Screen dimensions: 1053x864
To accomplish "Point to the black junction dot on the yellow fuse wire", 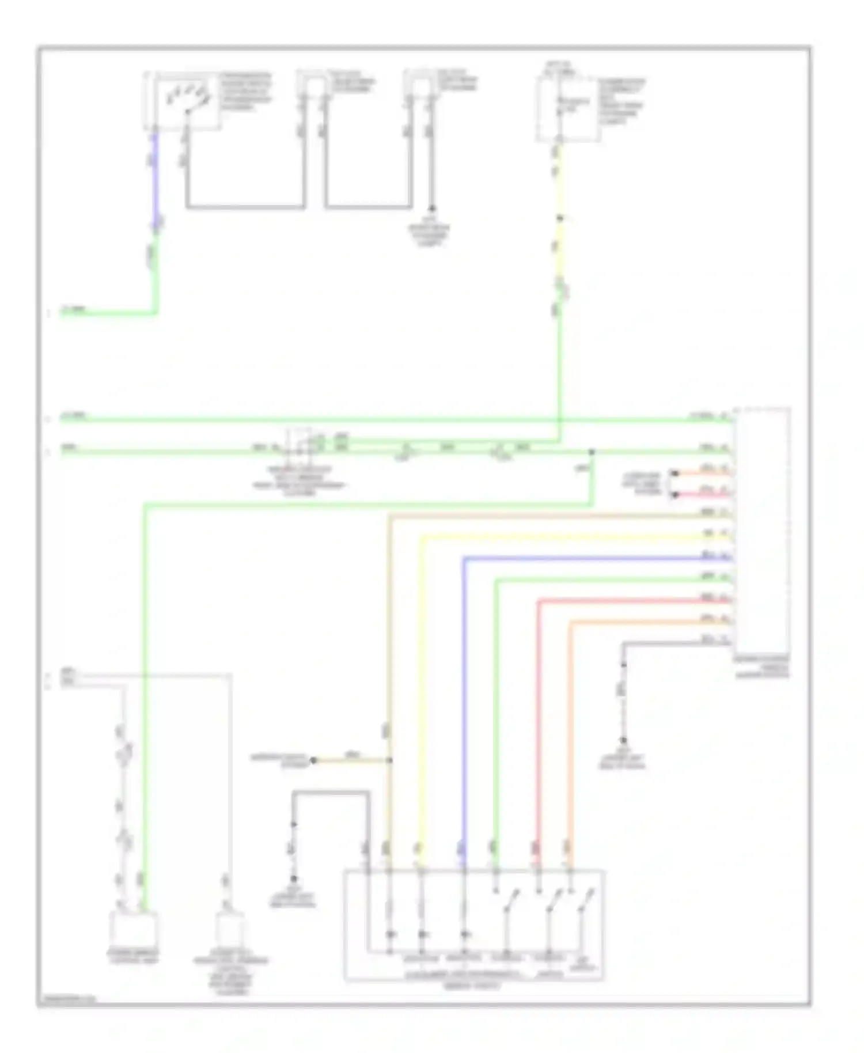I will coord(559,218).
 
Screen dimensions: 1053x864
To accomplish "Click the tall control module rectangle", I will coord(761,530).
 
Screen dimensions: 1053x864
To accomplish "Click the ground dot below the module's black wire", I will coord(623,740).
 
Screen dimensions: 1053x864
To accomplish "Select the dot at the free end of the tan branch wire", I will coord(313,760).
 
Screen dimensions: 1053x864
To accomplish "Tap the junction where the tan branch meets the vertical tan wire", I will coord(390,760).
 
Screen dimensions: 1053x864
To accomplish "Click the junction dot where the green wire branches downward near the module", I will coord(592,452).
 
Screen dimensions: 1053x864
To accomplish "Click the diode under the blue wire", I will coord(464,934).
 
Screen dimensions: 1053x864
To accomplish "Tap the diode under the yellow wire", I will coord(422,934).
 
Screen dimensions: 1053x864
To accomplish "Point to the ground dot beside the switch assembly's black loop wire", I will coord(293,878).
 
